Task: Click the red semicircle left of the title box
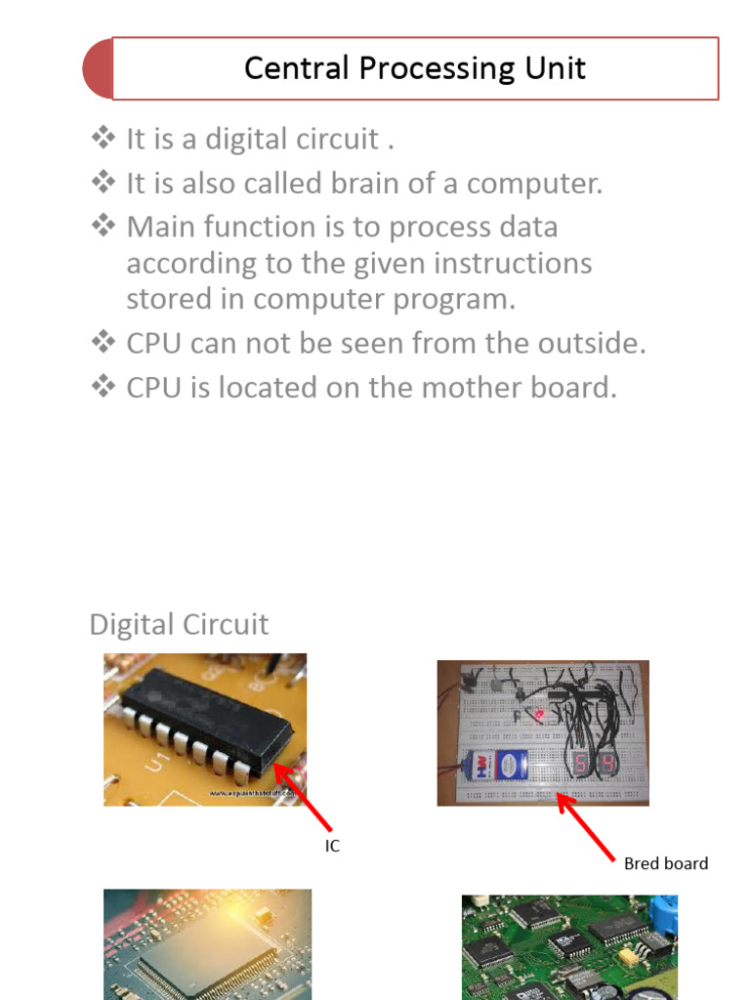point(98,69)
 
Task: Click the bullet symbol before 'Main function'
point(103,227)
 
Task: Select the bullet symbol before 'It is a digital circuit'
point(103,139)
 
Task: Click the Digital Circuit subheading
point(179,625)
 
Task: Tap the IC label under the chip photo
point(332,847)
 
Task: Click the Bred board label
point(666,863)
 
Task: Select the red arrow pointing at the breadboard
point(586,826)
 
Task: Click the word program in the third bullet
point(457,300)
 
